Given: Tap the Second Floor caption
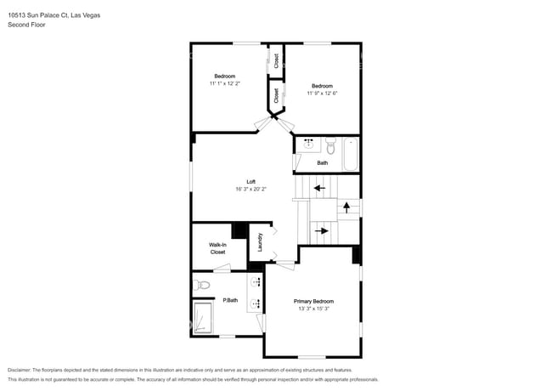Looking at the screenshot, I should tap(26, 25).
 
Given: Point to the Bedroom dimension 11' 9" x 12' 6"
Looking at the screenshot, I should tap(322, 93).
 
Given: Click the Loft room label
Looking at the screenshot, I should tap(251, 181).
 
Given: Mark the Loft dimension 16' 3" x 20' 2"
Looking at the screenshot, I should tap(251, 189).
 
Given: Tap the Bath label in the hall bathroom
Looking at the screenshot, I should tap(322, 162).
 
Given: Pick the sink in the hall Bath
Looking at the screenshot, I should tap(307, 144).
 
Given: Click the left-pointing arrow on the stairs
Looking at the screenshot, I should tap(318, 188).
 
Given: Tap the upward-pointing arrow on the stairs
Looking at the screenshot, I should tap(346, 207).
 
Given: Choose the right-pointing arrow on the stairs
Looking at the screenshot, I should tap(320, 229).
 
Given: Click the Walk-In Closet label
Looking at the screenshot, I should tap(217, 248).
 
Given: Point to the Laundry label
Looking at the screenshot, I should tap(261, 242).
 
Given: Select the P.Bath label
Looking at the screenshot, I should tap(229, 300).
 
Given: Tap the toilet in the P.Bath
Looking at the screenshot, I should tap(200, 284).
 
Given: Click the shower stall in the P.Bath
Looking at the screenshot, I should tap(205, 318).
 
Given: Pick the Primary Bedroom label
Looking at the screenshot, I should tap(313, 302).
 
